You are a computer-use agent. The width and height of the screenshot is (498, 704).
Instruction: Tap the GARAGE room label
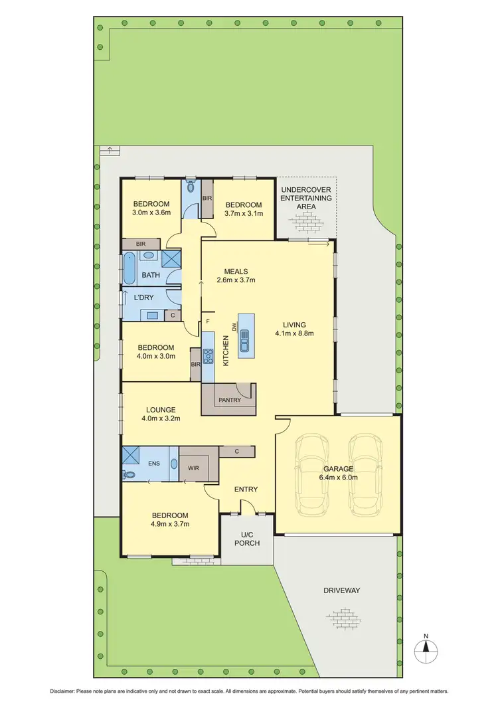(x=338, y=468)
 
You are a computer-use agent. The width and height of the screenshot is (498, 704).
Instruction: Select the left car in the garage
(x=312, y=474)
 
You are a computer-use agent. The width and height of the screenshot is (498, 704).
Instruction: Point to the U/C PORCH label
(x=246, y=538)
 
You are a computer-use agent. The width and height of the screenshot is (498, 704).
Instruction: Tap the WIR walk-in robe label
(x=194, y=468)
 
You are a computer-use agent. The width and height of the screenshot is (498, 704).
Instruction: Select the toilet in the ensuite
(x=129, y=475)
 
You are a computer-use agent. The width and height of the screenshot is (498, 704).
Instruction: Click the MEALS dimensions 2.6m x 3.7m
(x=236, y=280)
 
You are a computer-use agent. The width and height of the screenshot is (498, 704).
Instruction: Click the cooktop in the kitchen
(x=208, y=357)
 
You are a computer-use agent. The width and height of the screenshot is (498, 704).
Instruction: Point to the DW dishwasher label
(x=234, y=327)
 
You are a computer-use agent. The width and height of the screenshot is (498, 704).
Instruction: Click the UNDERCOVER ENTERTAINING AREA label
(x=306, y=197)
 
